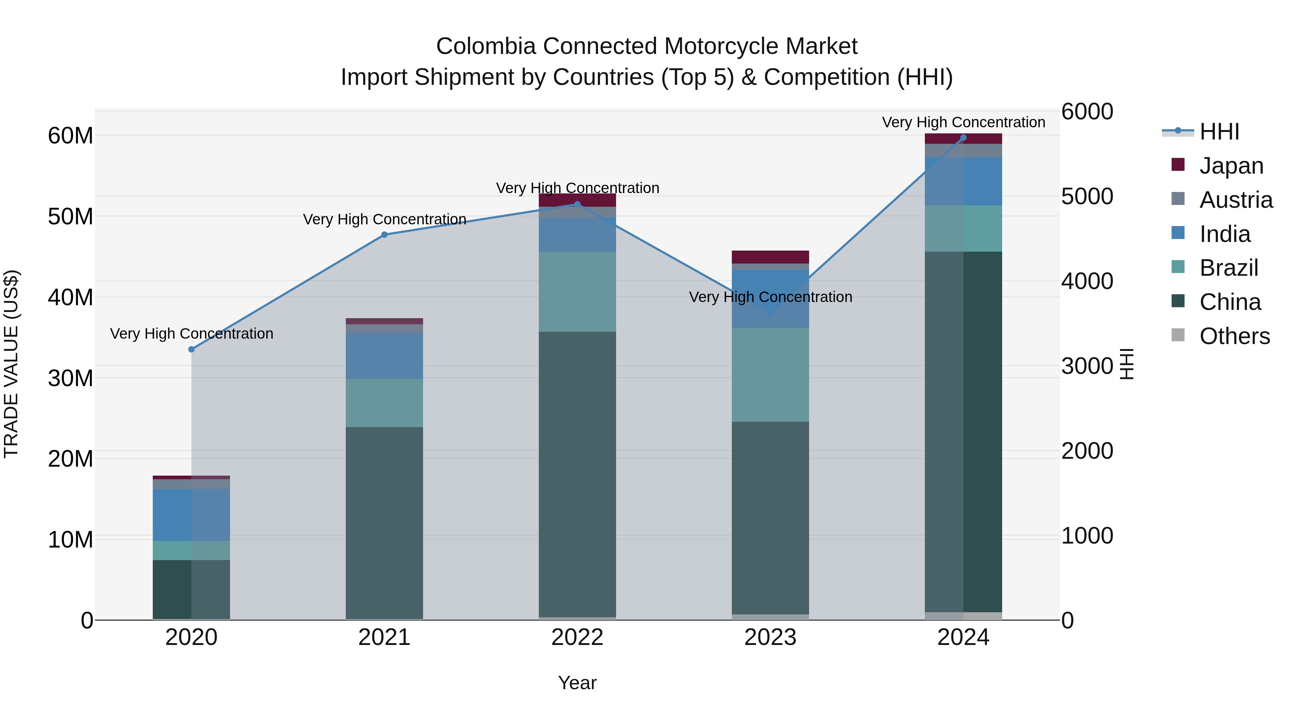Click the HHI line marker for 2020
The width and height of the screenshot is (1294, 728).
coord(191,349)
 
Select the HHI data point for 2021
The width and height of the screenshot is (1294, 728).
coord(384,235)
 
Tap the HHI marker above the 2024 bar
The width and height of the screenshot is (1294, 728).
coord(963,138)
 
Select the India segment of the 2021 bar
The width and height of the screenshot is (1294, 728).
coord(384,356)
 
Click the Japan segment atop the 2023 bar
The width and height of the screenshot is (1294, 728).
coord(770,257)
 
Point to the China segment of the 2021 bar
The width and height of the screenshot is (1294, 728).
coord(384,522)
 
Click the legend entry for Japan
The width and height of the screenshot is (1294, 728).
coord(1231,166)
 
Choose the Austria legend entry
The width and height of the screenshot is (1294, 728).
coord(1236,200)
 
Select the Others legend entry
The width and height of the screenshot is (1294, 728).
coord(1234,336)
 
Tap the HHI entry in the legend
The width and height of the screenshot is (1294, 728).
coord(1219,132)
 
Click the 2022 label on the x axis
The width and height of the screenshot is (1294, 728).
coord(577,637)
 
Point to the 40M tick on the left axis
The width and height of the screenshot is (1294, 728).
coord(70,297)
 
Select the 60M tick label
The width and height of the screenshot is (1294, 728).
coord(70,136)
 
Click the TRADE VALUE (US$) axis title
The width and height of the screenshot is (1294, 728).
coord(11,364)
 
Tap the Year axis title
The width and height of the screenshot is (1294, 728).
coord(577,683)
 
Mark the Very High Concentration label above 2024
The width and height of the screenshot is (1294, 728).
coord(963,122)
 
